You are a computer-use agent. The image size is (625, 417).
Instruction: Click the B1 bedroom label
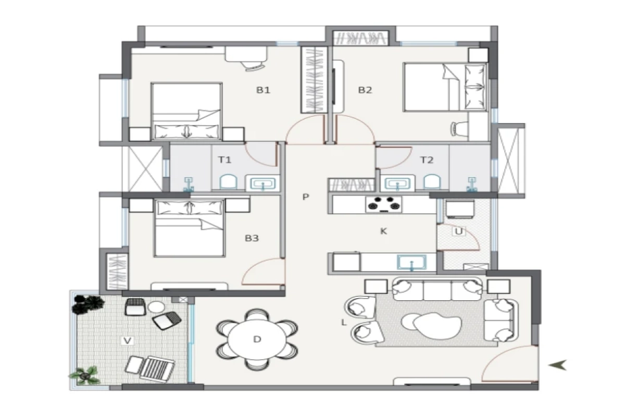tap(263, 90)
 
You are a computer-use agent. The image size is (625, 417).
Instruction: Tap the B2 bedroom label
tap(365, 90)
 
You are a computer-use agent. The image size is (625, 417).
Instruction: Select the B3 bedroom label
tap(252, 238)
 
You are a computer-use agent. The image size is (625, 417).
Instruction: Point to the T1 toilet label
tap(224, 160)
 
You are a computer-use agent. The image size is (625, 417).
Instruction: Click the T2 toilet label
tap(427, 160)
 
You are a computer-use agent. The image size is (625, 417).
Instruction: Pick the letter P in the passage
tap(306, 197)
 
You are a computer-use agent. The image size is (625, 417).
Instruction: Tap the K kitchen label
tap(384, 231)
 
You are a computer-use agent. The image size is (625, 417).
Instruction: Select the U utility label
tap(459, 231)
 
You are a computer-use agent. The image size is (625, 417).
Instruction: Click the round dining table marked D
tap(257, 340)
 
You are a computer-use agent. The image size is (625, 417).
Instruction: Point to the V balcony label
tap(127, 341)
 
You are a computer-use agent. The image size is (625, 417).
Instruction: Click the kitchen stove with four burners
tap(385, 205)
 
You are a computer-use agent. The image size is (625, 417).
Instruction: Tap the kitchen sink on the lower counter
tap(412, 262)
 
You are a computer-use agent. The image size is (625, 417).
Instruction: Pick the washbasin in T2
tap(397, 182)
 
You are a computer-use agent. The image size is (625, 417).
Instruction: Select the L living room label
tap(344, 323)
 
